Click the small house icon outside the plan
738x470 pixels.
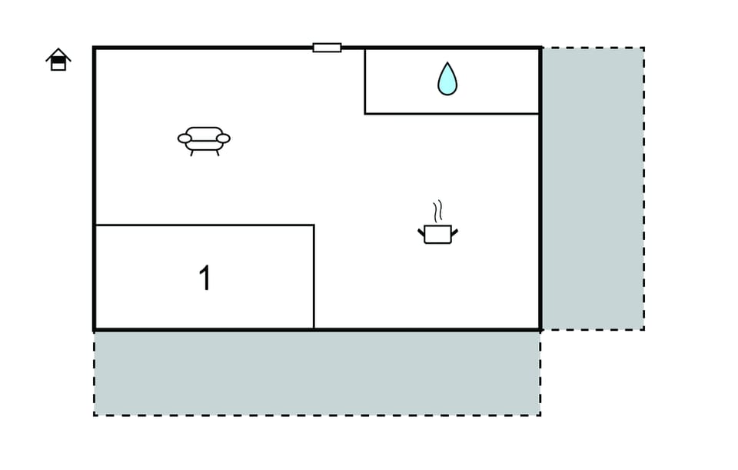pos(58,60)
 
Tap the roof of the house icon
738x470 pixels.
pos(58,53)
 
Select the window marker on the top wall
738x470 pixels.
pos(327,48)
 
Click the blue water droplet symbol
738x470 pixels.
pos(447,78)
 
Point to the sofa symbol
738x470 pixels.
pos(204,140)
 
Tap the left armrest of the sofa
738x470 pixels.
pos(184,138)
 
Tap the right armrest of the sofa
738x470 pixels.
pos(223,138)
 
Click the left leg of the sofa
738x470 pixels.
pos(191,153)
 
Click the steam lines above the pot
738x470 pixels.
pos(438,211)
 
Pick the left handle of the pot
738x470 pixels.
pos(421,232)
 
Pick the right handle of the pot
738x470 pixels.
pos(454,232)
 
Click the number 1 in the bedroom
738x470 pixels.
pos(204,278)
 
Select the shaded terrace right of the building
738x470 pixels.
pos(593,188)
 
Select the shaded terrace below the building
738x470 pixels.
pos(317,373)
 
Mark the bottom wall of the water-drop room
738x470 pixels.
pos(452,114)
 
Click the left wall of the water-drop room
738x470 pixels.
pos(364,81)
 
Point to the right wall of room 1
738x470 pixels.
pos(314,277)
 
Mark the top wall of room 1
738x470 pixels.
pos(204,225)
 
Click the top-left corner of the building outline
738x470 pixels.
pos(94,48)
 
